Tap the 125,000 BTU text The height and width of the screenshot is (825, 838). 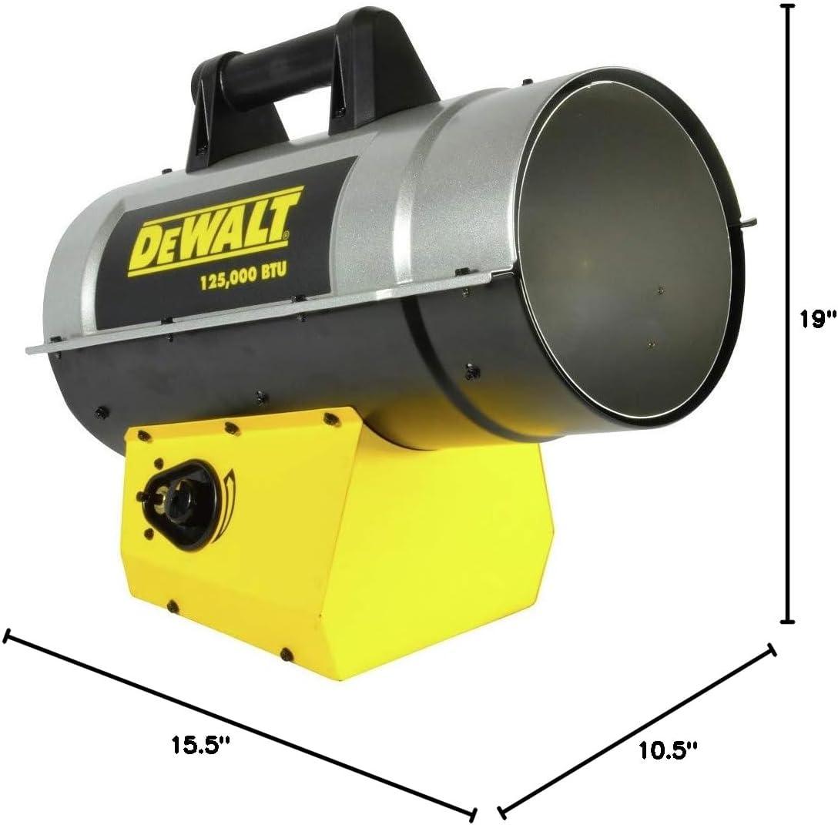(x=243, y=276)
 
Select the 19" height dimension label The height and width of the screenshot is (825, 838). (x=818, y=319)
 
